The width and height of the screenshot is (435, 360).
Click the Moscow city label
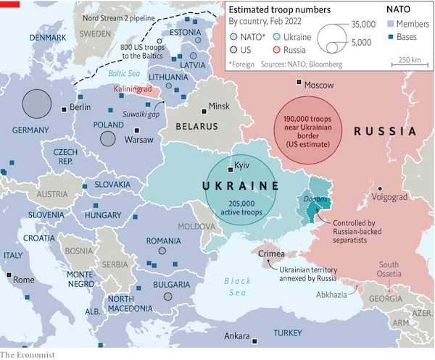tap(319, 85)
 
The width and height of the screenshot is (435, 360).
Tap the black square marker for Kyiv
tap(230, 167)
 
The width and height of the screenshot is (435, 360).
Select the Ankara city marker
tap(254, 338)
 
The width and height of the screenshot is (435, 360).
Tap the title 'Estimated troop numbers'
tap(273, 9)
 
